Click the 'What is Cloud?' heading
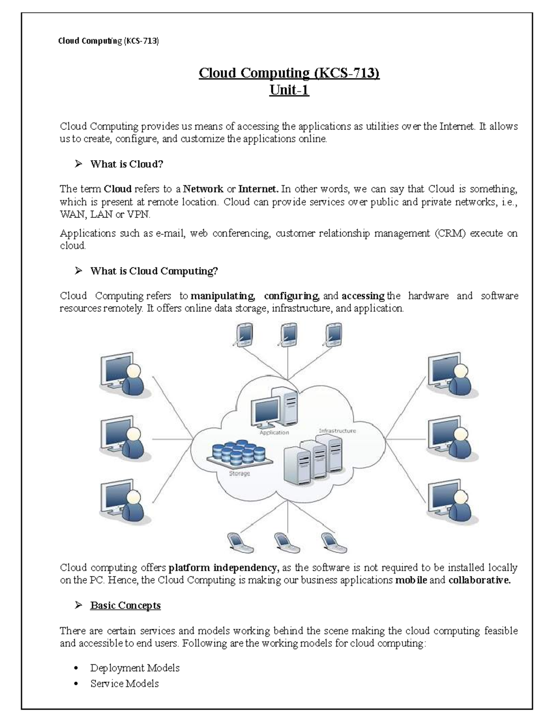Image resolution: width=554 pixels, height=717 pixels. coord(126,164)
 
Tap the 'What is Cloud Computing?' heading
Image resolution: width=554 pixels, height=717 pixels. coord(154,271)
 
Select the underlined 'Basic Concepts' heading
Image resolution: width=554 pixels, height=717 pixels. coord(125,605)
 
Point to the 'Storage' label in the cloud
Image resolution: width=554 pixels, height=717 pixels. coord(239,474)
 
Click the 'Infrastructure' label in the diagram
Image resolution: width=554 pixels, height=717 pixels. coord(337,431)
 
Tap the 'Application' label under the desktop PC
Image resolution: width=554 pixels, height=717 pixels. coord(274,433)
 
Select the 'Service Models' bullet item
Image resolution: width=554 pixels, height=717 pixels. coord(124,684)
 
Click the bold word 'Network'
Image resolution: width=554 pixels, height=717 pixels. coord(203,189)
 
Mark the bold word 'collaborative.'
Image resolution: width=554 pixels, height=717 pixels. coord(479,580)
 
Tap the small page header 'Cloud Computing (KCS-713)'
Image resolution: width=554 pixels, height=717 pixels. coord(108,42)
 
